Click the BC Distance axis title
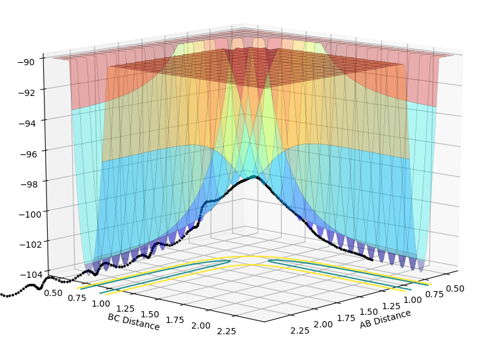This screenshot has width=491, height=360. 134,322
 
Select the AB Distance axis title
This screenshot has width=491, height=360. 385,319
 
